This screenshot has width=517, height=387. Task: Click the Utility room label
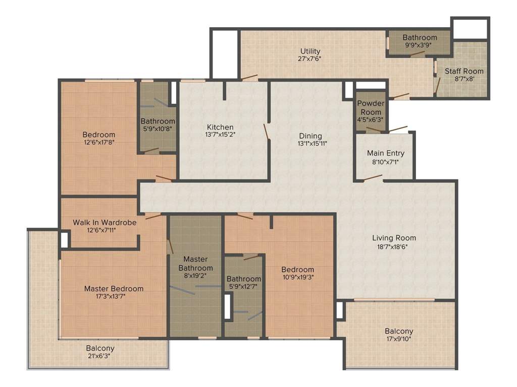click(x=310, y=51)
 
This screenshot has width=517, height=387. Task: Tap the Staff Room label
click(x=463, y=71)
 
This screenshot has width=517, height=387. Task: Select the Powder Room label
click(x=371, y=107)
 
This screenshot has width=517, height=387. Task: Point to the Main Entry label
click(x=385, y=153)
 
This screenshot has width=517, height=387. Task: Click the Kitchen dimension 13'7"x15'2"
click(x=220, y=135)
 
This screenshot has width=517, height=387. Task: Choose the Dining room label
click(x=310, y=136)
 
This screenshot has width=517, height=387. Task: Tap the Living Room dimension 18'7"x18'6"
click(x=394, y=246)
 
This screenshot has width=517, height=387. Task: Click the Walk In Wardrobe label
click(x=105, y=222)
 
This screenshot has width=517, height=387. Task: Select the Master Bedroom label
click(x=114, y=289)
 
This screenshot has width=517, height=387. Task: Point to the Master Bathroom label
click(x=195, y=264)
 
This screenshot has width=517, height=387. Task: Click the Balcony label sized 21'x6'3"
click(x=100, y=348)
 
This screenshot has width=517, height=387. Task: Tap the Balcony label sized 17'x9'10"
click(x=399, y=331)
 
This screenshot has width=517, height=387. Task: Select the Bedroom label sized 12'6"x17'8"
click(x=99, y=135)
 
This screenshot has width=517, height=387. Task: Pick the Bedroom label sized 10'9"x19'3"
click(x=297, y=270)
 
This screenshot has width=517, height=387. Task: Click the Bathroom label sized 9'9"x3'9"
click(x=420, y=38)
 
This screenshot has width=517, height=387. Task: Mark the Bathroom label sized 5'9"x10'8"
click(x=158, y=121)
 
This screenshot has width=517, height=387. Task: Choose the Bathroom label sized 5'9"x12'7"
click(x=243, y=279)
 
